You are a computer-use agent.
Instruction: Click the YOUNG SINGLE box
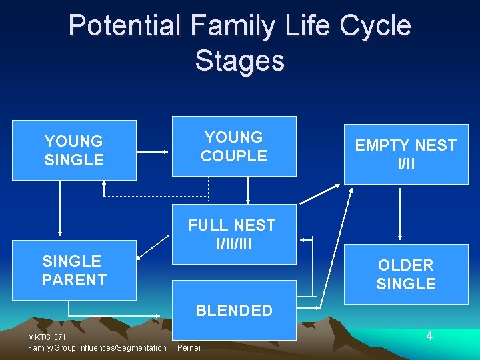coord(74,150)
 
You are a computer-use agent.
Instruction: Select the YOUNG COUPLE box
coord(234,146)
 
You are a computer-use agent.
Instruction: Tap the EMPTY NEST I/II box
coord(405,154)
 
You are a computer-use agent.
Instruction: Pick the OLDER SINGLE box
coord(405,274)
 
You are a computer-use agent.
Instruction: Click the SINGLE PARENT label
coord(74,270)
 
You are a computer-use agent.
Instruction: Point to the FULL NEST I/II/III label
coord(232,234)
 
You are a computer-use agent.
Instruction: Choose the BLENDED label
coord(234,310)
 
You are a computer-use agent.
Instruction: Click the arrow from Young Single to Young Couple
coord(154,151)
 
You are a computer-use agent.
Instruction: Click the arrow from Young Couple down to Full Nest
coord(248,190)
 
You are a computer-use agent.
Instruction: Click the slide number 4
coord(429,336)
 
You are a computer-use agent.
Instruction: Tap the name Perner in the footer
coord(189,347)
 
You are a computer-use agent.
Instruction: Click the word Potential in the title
coord(124,26)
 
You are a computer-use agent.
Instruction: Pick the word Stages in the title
coord(240,61)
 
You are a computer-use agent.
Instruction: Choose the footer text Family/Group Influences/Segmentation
coord(97,347)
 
